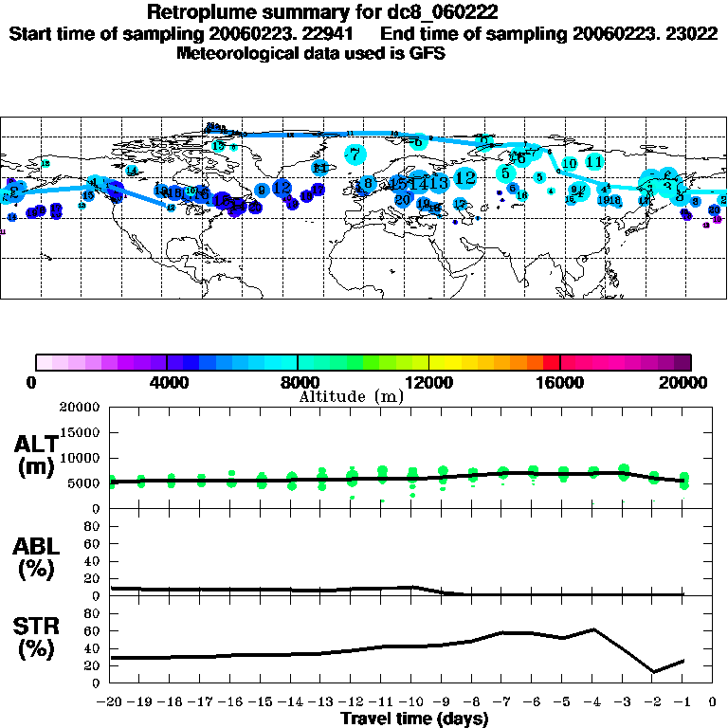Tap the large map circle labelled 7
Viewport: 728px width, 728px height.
(x=355, y=154)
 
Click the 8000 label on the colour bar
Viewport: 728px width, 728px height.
(x=298, y=383)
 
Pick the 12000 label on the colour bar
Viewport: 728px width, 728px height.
(x=428, y=383)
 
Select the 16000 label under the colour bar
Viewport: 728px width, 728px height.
(x=559, y=383)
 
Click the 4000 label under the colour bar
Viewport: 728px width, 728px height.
(x=167, y=383)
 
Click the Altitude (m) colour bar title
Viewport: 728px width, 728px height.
(x=351, y=396)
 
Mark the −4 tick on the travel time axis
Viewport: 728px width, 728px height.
(x=593, y=703)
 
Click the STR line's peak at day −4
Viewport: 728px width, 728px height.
(x=593, y=628)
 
